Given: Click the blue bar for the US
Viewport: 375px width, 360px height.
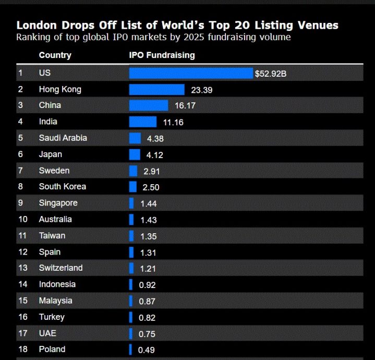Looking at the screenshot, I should point(191,73).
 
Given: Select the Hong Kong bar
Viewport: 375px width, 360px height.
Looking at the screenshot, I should point(157,90).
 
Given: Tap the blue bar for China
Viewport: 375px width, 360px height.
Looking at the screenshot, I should point(149,105).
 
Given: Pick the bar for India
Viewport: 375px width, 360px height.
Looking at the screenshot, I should point(143,122).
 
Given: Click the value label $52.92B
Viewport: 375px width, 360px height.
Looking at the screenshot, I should point(271,74).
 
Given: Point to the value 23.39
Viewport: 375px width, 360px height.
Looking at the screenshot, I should point(202,90).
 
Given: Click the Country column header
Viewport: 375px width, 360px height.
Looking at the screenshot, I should point(55,55).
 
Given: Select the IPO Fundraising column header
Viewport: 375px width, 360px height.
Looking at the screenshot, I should point(162,55).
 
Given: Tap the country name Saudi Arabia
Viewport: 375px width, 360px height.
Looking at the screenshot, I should point(63,138).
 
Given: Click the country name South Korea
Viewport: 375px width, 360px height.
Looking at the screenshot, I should point(62,186).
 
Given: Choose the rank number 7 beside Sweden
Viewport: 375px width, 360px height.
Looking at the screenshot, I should point(20,171).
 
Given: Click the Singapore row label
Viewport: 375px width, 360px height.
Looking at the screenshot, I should point(58,203).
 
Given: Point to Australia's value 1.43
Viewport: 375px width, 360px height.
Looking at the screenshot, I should point(149,220).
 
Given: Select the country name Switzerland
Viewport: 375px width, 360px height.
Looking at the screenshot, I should point(61,268).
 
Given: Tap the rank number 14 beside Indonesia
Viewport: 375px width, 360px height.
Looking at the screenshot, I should point(22,284).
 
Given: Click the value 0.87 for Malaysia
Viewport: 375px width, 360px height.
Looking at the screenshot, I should point(147,302).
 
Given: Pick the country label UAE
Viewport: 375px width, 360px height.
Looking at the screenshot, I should point(48,333).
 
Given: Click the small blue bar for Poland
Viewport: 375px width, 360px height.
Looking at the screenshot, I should point(131,350).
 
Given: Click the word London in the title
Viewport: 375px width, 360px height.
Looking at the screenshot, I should point(36,25).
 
